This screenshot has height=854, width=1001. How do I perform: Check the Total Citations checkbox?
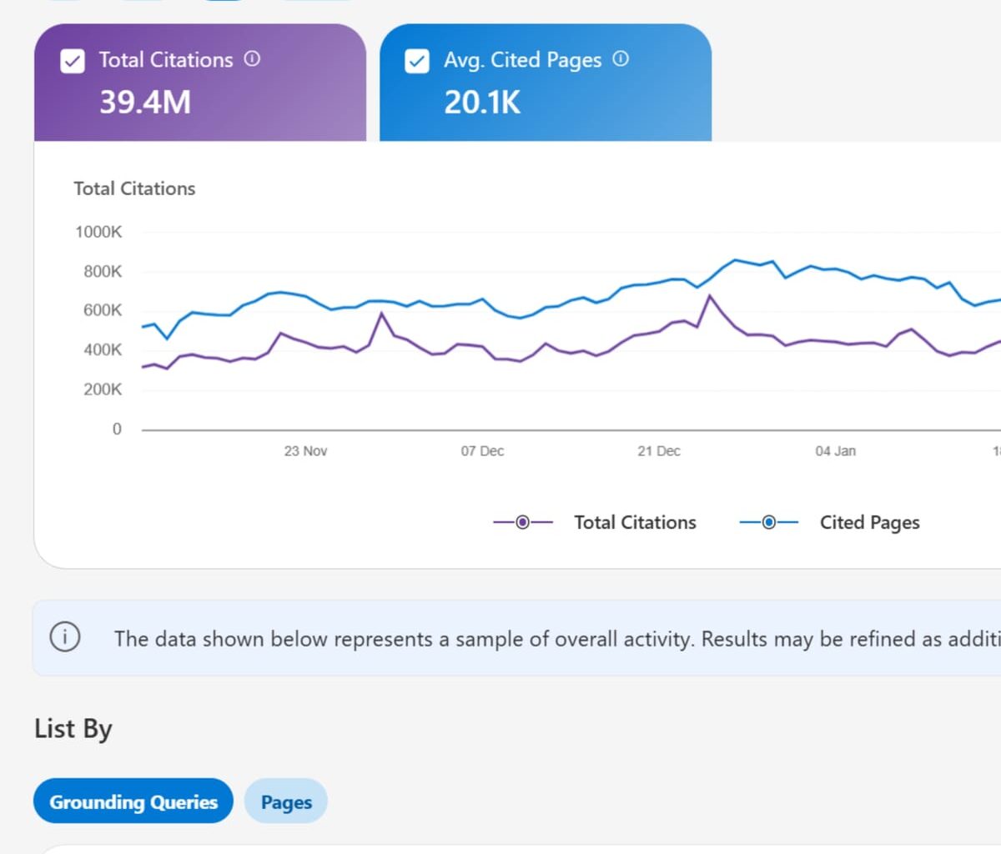73,61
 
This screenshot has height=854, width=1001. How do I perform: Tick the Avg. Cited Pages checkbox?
417,61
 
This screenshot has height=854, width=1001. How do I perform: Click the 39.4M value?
145,103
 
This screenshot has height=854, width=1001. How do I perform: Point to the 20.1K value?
482,103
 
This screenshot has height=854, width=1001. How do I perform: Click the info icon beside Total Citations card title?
252,59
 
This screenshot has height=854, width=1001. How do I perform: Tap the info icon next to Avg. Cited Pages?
621,59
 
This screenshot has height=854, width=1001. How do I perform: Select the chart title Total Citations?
134,188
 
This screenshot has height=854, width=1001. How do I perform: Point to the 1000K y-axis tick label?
98,232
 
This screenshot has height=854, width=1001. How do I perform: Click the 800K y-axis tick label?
103,271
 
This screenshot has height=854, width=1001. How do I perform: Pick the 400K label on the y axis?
103,350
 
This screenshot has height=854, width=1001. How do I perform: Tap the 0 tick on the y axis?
117,429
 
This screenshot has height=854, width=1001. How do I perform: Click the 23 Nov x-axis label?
305,451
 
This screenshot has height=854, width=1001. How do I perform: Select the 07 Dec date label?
482,451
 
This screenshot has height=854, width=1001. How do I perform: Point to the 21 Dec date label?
659,451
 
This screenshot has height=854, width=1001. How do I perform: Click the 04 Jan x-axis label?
835,451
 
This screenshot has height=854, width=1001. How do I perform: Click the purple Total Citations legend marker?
523,523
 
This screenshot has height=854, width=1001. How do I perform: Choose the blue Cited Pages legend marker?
769,523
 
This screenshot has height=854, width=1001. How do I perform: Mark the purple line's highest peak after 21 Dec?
710,295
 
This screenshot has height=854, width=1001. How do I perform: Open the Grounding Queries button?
133,801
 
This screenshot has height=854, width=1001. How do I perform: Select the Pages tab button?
286,801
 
